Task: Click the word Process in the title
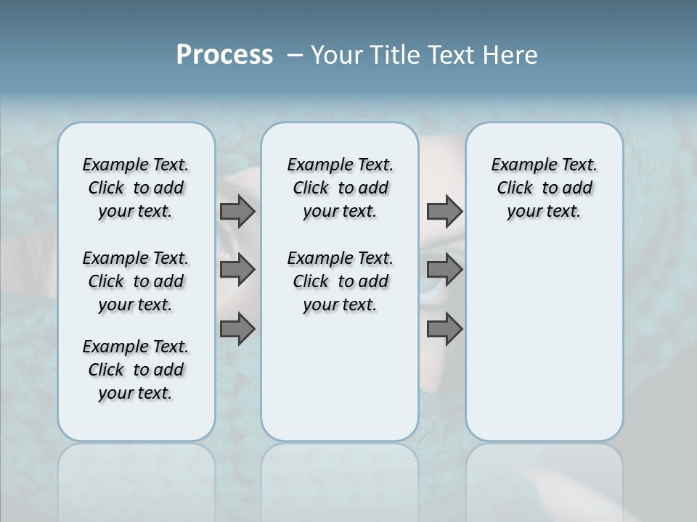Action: tap(224, 55)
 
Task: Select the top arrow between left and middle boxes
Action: tap(237, 212)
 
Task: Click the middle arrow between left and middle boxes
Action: tap(237, 270)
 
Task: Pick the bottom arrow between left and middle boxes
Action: tap(237, 330)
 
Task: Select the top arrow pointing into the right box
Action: tap(444, 212)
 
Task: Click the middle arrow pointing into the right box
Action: tap(444, 270)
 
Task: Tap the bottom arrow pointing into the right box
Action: tap(444, 330)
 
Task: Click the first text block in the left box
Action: tap(136, 188)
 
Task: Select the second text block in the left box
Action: tap(136, 281)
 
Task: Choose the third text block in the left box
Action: tap(136, 370)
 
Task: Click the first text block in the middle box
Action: tap(340, 188)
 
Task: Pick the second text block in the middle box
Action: tap(340, 281)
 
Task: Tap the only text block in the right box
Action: tap(544, 188)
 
